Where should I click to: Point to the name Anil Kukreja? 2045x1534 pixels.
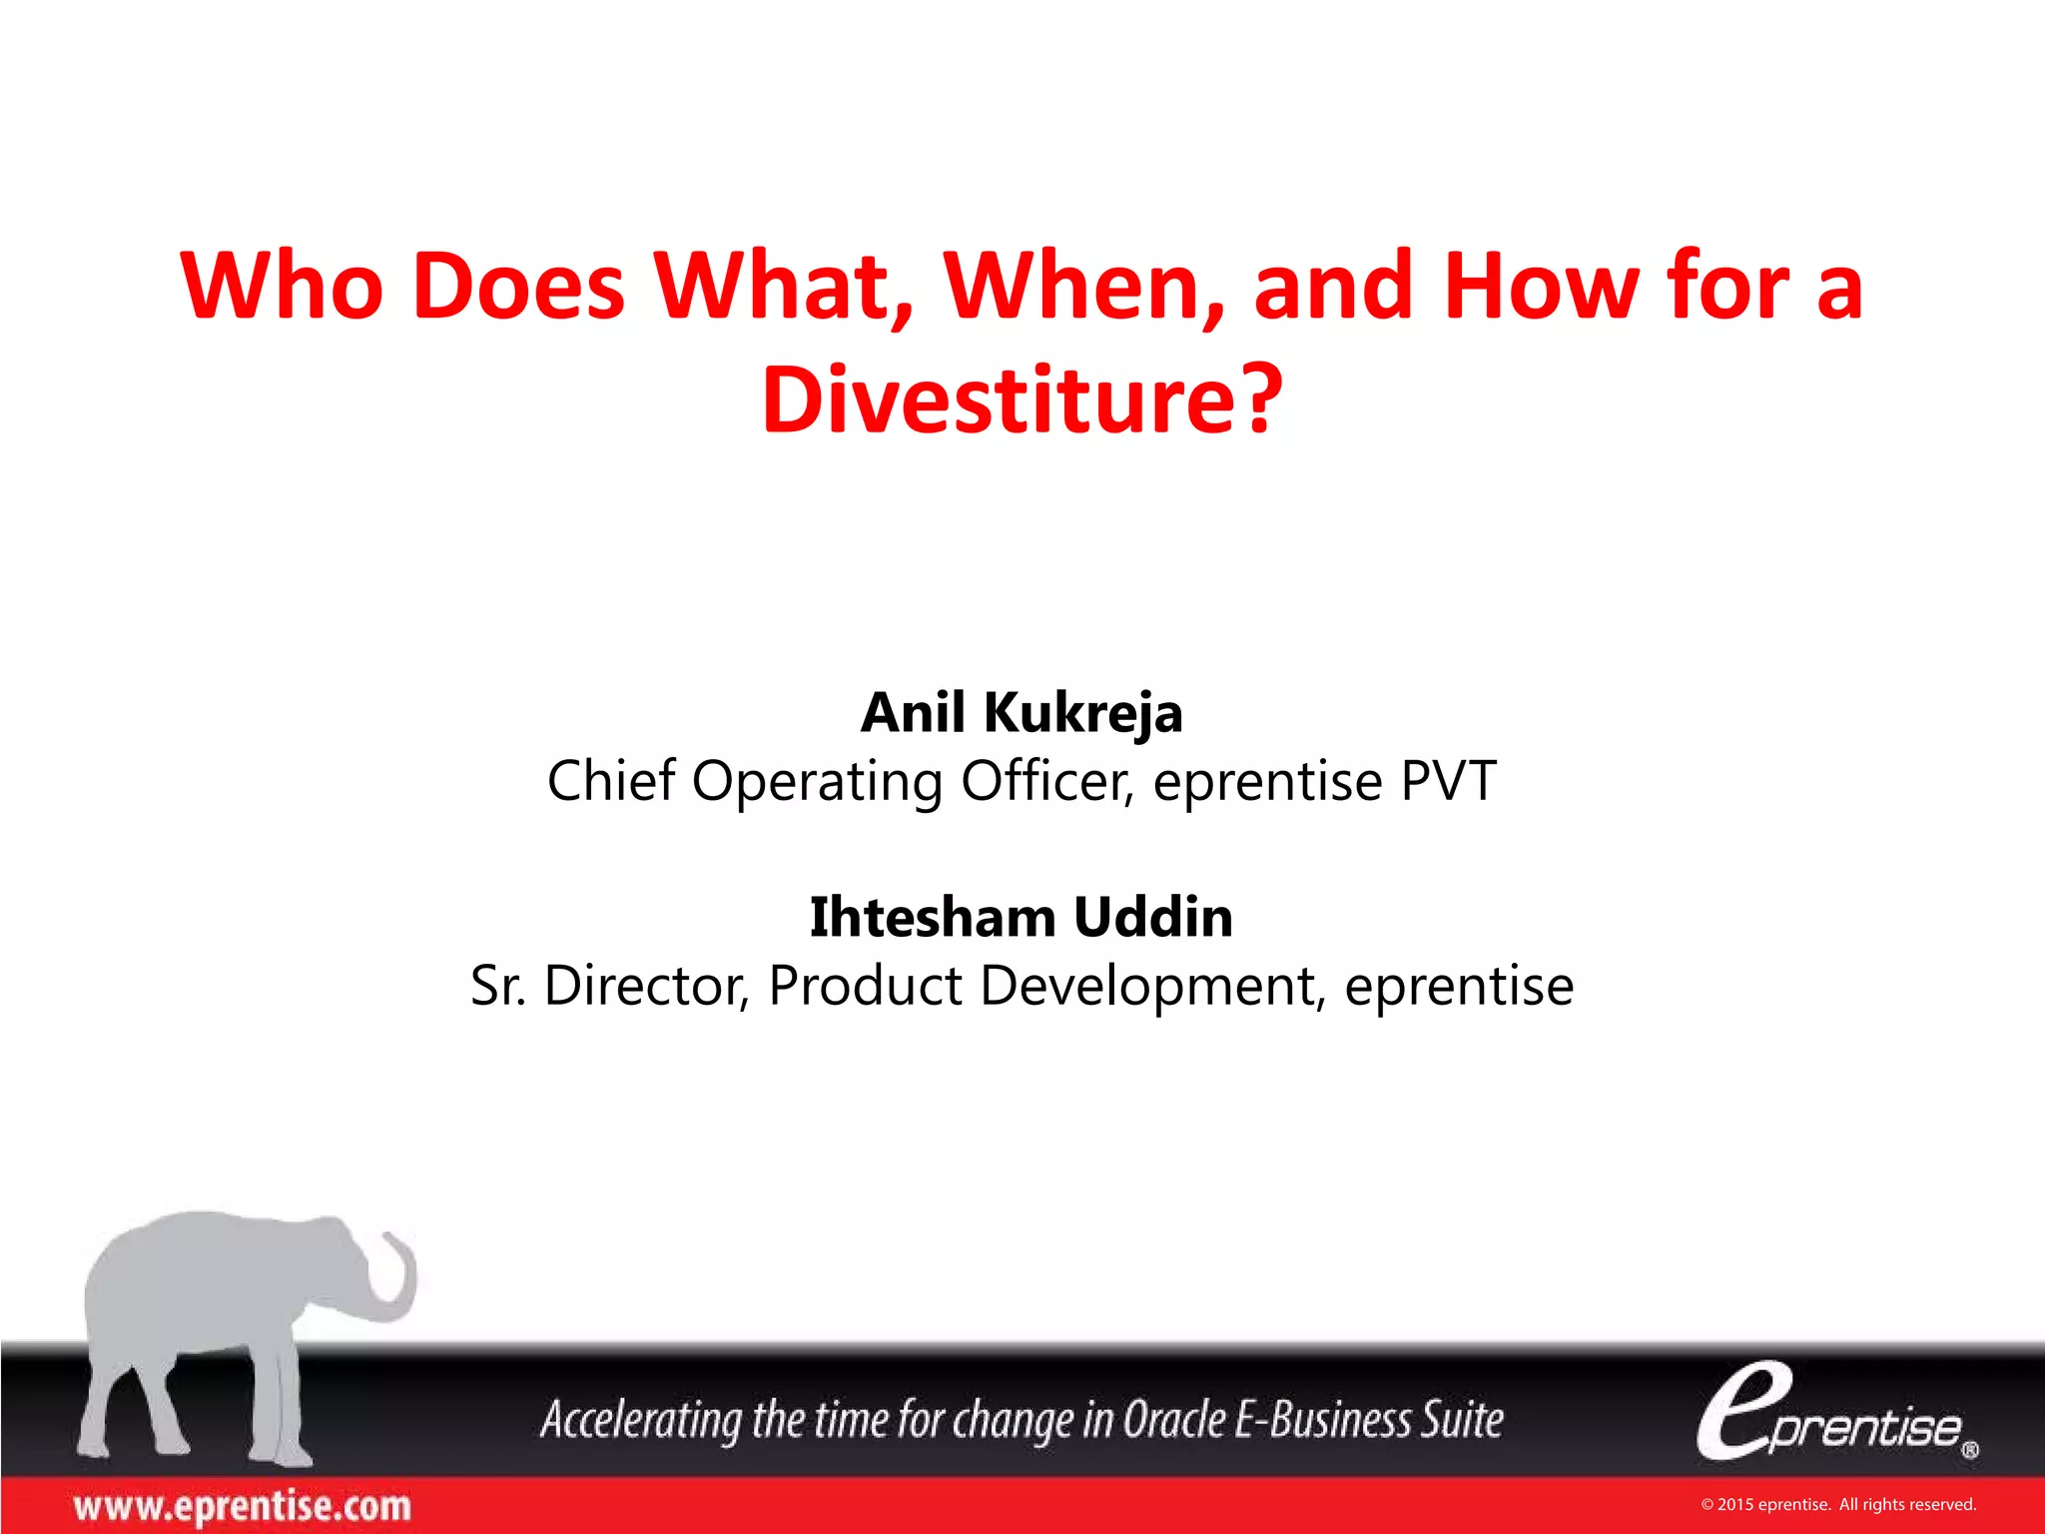point(1022,713)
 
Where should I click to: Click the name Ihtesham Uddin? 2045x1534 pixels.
point(1022,917)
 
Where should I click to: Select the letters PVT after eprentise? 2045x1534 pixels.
point(1449,780)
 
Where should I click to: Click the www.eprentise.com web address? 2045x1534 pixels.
point(242,1506)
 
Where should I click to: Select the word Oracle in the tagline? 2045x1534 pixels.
point(1174,1419)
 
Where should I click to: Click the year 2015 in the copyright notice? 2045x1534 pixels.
point(1734,1505)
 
